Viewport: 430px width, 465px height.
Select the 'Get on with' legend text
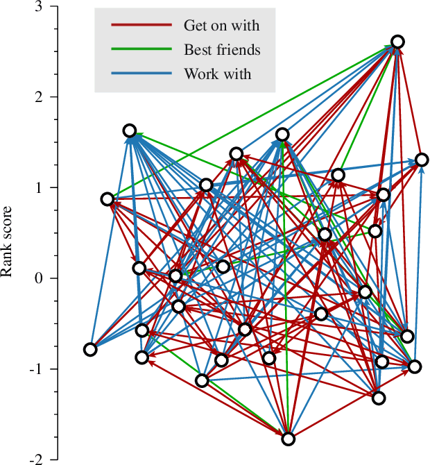coord(221,26)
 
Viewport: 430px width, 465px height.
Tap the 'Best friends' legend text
coord(222,49)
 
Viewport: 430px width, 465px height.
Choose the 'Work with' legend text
coord(217,73)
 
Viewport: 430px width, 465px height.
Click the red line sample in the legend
coord(141,26)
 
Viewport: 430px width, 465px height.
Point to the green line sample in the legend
coord(141,49)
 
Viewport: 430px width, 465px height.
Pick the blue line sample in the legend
coord(141,73)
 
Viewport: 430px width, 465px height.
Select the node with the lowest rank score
coord(289,439)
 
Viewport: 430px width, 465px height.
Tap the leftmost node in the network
coord(90,349)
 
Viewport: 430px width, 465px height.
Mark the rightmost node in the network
coord(422,160)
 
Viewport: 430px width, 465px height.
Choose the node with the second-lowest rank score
coord(379,398)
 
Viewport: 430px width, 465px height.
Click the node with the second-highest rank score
coord(130,131)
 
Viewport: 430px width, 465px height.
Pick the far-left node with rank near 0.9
coord(108,199)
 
